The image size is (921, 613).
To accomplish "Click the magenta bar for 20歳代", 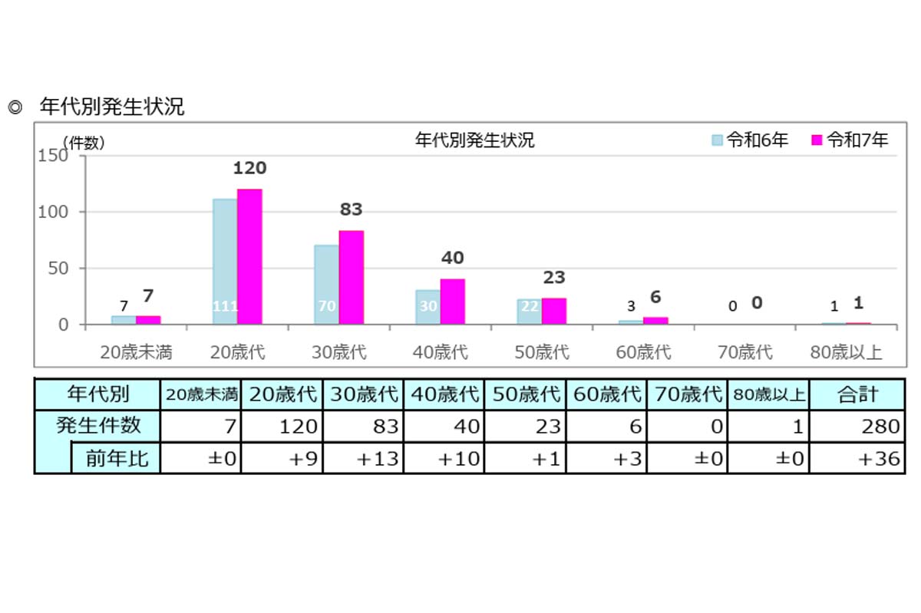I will (249, 257).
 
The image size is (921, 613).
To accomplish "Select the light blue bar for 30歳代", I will (326, 285).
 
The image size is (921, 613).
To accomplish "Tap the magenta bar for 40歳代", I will (452, 302).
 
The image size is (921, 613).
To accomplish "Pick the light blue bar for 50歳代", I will (529, 311).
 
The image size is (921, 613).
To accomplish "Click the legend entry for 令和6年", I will (750, 140).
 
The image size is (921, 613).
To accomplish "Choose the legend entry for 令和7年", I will (850, 140).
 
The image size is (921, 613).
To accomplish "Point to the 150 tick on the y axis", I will (53, 156).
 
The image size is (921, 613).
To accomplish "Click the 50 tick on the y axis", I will (58, 269).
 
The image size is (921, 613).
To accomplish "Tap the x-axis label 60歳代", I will (643, 352).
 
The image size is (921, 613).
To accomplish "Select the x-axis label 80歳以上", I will (846, 352).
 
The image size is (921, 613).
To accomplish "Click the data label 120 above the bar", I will (249, 168).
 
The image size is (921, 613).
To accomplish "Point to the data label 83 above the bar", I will (351, 209).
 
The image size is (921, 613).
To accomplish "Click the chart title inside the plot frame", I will (474, 140).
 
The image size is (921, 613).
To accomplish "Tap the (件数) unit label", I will (84, 142).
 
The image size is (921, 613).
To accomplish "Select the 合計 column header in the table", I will (857, 394).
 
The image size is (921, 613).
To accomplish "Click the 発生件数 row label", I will (98, 426).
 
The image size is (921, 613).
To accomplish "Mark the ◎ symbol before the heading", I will (14, 107).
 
